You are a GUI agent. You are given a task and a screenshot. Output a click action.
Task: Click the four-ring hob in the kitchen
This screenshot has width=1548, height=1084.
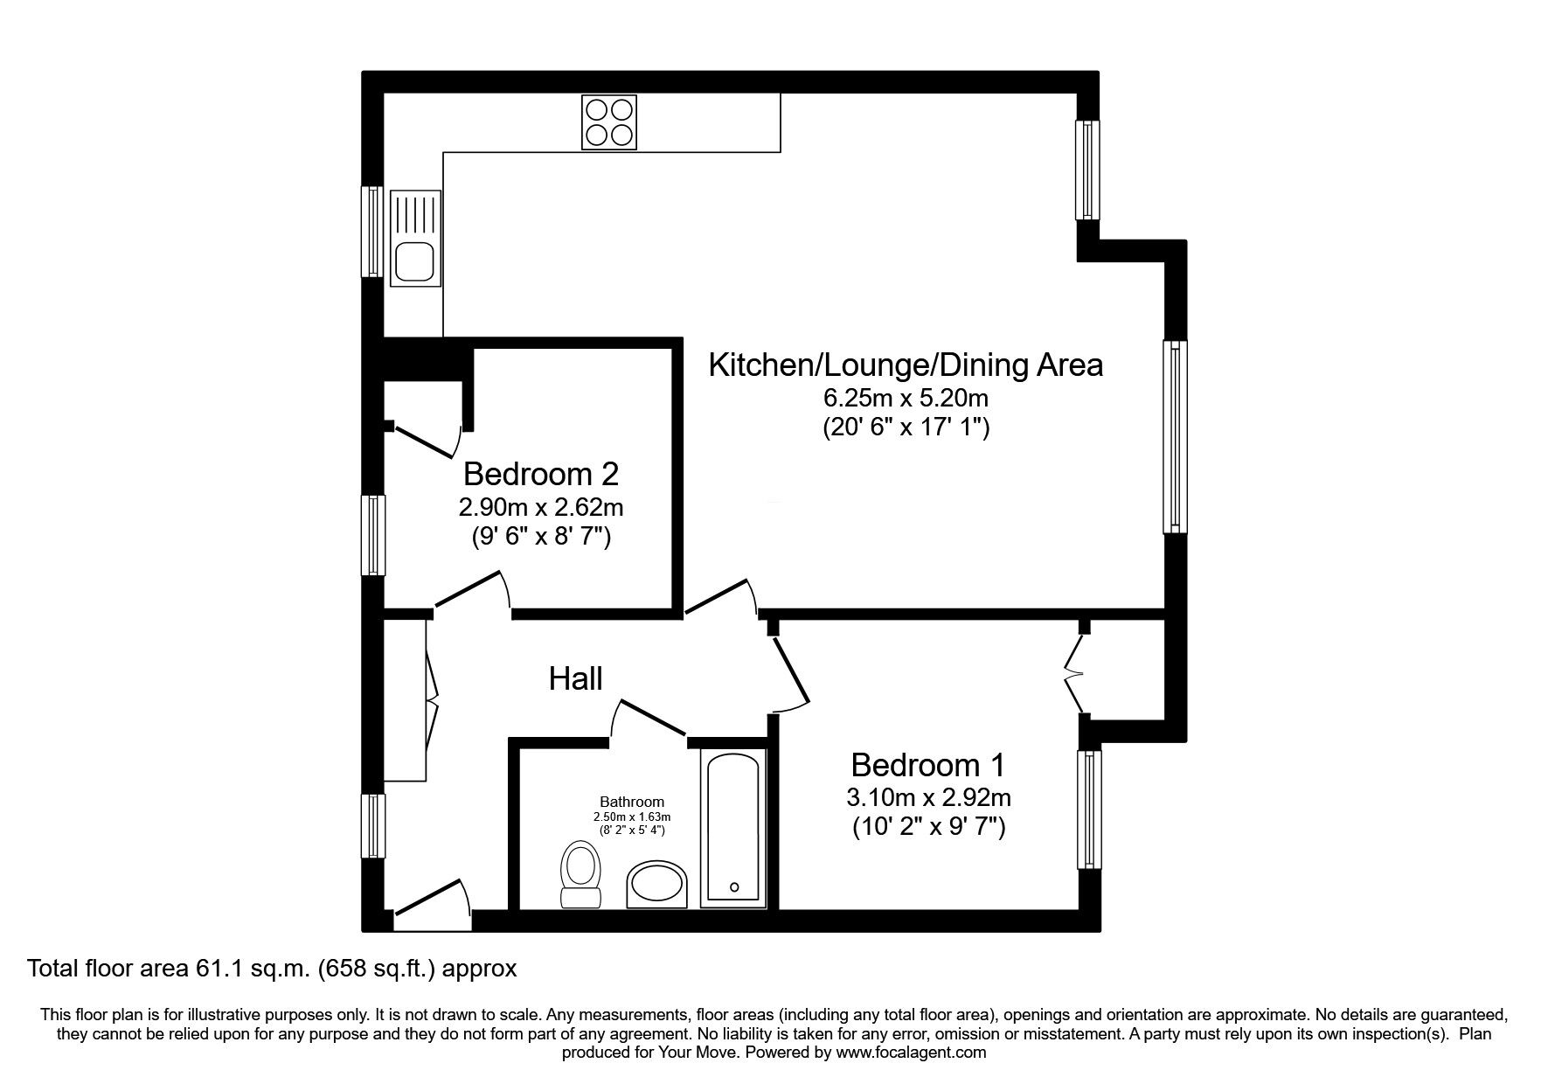click(608, 122)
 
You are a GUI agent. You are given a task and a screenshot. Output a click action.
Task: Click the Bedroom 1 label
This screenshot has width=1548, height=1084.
click(927, 766)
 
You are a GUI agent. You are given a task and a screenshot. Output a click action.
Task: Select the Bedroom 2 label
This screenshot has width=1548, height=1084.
click(541, 474)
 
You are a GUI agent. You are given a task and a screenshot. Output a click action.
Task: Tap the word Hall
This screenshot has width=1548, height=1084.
click(576, 677)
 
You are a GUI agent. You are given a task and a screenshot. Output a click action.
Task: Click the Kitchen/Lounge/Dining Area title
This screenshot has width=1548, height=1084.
click(906, 365)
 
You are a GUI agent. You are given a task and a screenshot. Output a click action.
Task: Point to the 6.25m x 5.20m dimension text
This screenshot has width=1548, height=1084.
click(906, 399)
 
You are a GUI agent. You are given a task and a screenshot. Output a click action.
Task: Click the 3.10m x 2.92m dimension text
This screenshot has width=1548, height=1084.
click(929, 797)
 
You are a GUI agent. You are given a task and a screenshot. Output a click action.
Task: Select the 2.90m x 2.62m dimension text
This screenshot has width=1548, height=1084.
click(541, 506)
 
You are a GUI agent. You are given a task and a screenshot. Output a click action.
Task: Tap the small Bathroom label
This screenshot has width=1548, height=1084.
click(632, 802)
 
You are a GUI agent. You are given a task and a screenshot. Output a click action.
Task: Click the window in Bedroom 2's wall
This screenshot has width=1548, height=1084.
click(373, 535)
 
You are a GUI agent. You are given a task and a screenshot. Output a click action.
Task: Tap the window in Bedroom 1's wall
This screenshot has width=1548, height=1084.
click(1090, 810)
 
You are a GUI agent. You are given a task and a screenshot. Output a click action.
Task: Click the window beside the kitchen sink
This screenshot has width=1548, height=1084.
click(373, 232)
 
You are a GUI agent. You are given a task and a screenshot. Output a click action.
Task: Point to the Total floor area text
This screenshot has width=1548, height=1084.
click(273, 969)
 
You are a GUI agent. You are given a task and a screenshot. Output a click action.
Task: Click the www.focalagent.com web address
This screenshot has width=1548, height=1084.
click(911, 1053)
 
